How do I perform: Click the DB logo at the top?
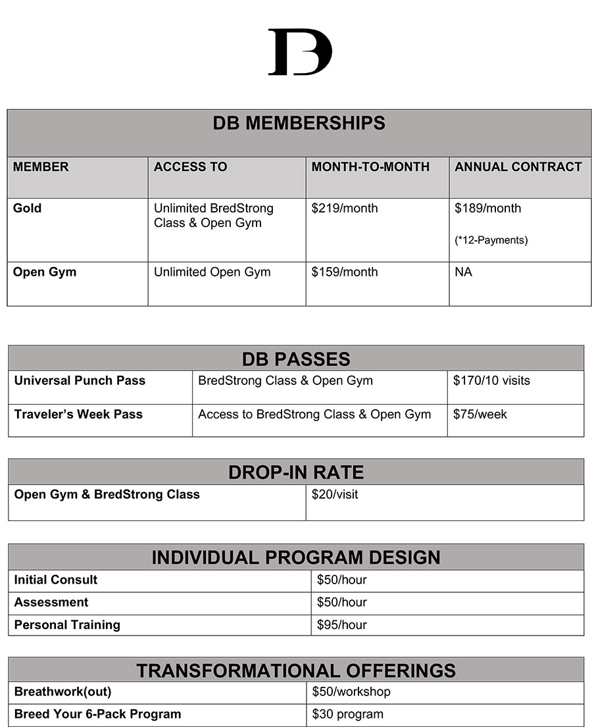tap(300, 52)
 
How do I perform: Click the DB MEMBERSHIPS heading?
tap(299, 123)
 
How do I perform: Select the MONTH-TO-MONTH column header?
tap(370, 167)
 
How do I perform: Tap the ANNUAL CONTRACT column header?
tap(518, 167)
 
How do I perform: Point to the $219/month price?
tap(345, 209)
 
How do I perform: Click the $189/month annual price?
tap(487, 209)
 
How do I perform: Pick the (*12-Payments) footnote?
tap(491, 240)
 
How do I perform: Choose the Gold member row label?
tap(27, 209)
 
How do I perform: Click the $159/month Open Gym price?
tap(345, 272)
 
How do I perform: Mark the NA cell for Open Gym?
tap(463, 272)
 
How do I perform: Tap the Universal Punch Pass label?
tap(80, 381)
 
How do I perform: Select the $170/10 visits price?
tap(491, 381)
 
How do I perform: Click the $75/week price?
tap(480, 414)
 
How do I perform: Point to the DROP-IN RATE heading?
tap(296, 472)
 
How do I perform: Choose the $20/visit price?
tap(335, 495)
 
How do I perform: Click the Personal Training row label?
tap(67, 625)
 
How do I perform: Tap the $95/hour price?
tap(342, 625)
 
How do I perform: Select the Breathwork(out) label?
tap(62, 692)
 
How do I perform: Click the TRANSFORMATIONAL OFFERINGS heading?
tap(296, 670)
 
